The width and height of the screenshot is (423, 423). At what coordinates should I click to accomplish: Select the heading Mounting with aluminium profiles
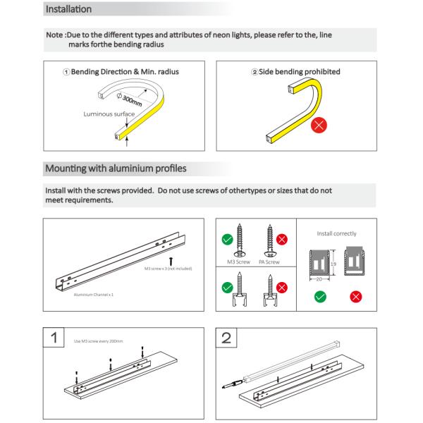point(116,169)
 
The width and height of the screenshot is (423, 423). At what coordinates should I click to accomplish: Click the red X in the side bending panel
point(319,126)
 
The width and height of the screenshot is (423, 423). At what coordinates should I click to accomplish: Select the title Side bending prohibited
point(296,72)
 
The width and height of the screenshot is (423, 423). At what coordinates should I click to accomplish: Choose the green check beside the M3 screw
point(228,240)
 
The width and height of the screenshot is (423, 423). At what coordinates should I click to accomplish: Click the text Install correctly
point(336,233)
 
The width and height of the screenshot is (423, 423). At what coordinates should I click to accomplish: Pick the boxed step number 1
point(54,337)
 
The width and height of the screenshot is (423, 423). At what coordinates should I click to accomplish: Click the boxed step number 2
point(226,337)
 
